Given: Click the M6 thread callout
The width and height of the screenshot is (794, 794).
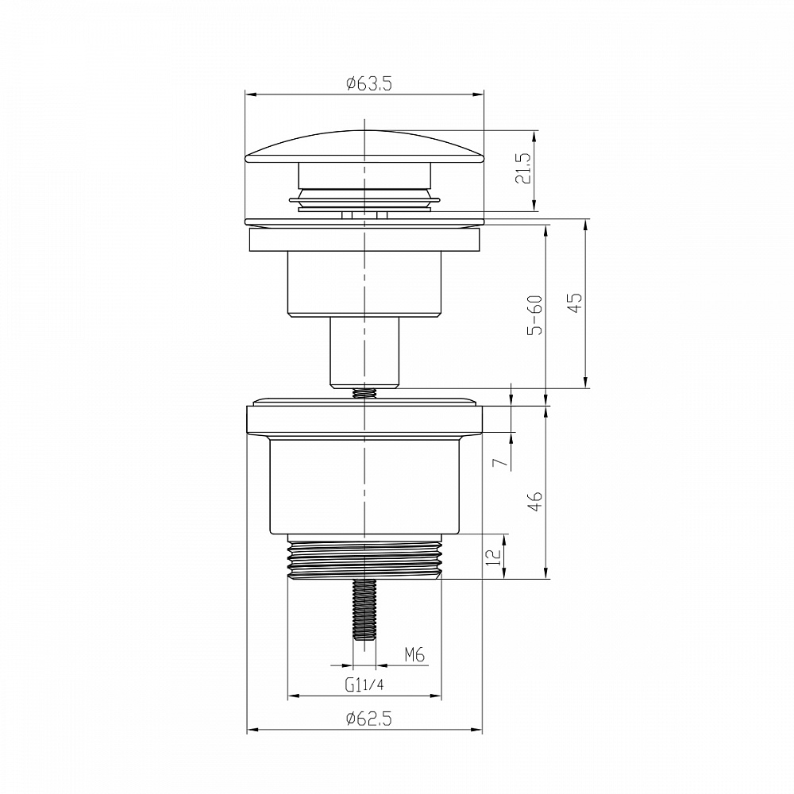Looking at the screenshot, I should pyautogui.click(x=414, y=655).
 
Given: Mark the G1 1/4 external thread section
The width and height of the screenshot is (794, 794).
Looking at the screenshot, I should pyautogui.click(x=364, y=561).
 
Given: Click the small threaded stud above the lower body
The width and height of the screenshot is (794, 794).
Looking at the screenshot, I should pyautogui.click(x=364, y=393).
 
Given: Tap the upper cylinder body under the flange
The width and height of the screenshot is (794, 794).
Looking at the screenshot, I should pyautogui.click(x=364, y=284).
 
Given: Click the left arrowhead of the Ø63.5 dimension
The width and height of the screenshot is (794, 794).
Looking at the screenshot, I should pyautogui.click(x=249, y=94).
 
